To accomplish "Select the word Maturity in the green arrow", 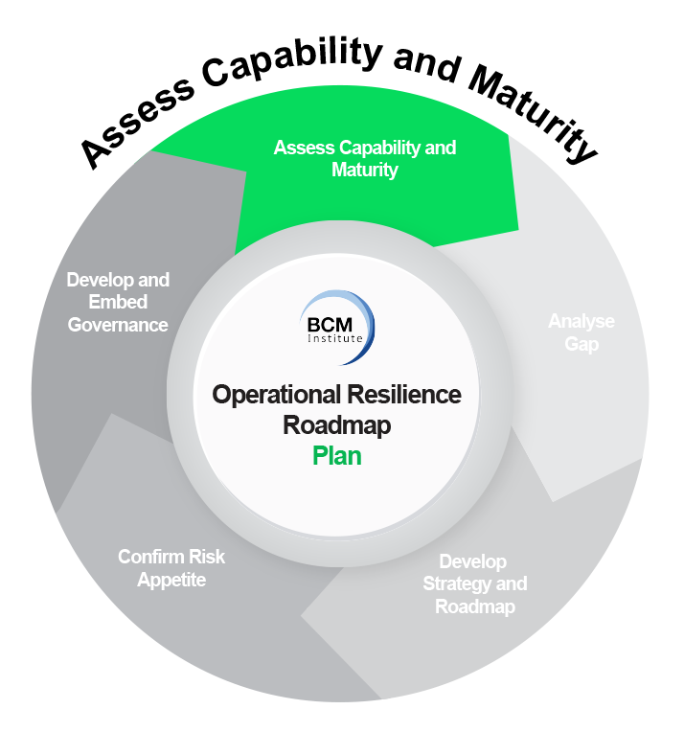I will coord(365,171).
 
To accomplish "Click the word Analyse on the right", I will coord(581,321).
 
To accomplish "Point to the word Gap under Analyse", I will coord(581,343).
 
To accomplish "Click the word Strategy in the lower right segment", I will coord(458,583).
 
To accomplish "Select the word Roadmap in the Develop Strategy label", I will coord(475,606).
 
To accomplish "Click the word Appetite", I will coord(171,580).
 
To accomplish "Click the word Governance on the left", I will coord(118,325).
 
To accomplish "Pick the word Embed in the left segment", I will coord(118,303).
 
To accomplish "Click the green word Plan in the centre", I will coord(337,455).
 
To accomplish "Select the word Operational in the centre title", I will coord(274,395).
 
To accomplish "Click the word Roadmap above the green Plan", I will coord(337,424).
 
